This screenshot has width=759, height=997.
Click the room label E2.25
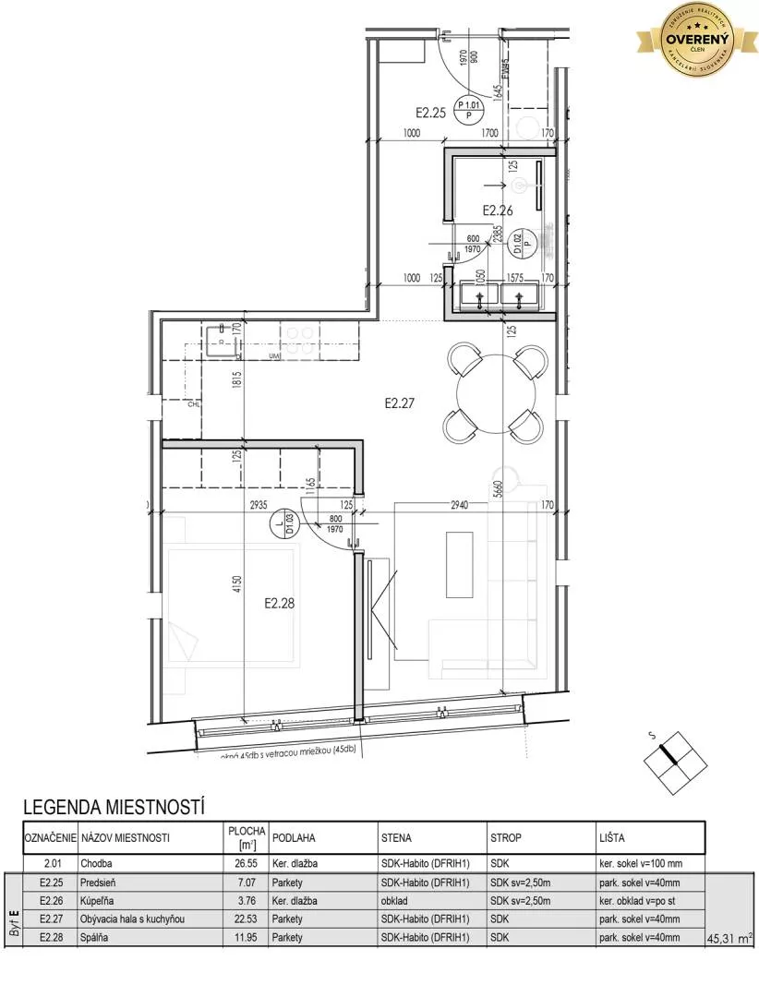pos(430,114)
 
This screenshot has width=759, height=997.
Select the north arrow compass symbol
pos(674,758)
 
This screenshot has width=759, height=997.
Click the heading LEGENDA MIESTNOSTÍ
pos(113,808)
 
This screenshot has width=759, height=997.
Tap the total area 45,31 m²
pos(729,938)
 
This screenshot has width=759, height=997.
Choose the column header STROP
pos(505,838)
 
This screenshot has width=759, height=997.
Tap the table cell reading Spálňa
pos(97,937)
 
